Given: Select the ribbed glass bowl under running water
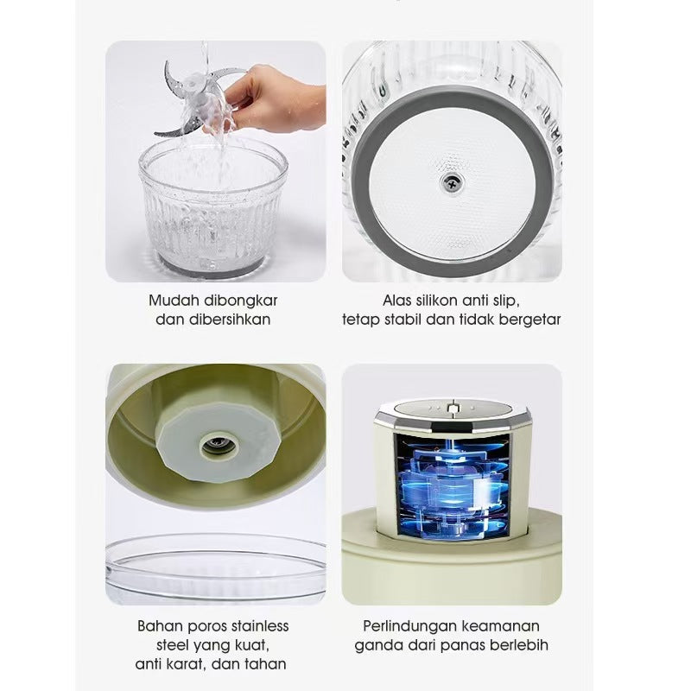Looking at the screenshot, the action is point(213,209).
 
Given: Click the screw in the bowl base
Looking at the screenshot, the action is point(453,181).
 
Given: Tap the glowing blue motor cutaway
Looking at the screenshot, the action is point(452,485).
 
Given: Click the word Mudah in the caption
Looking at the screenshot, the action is point(168,301).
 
